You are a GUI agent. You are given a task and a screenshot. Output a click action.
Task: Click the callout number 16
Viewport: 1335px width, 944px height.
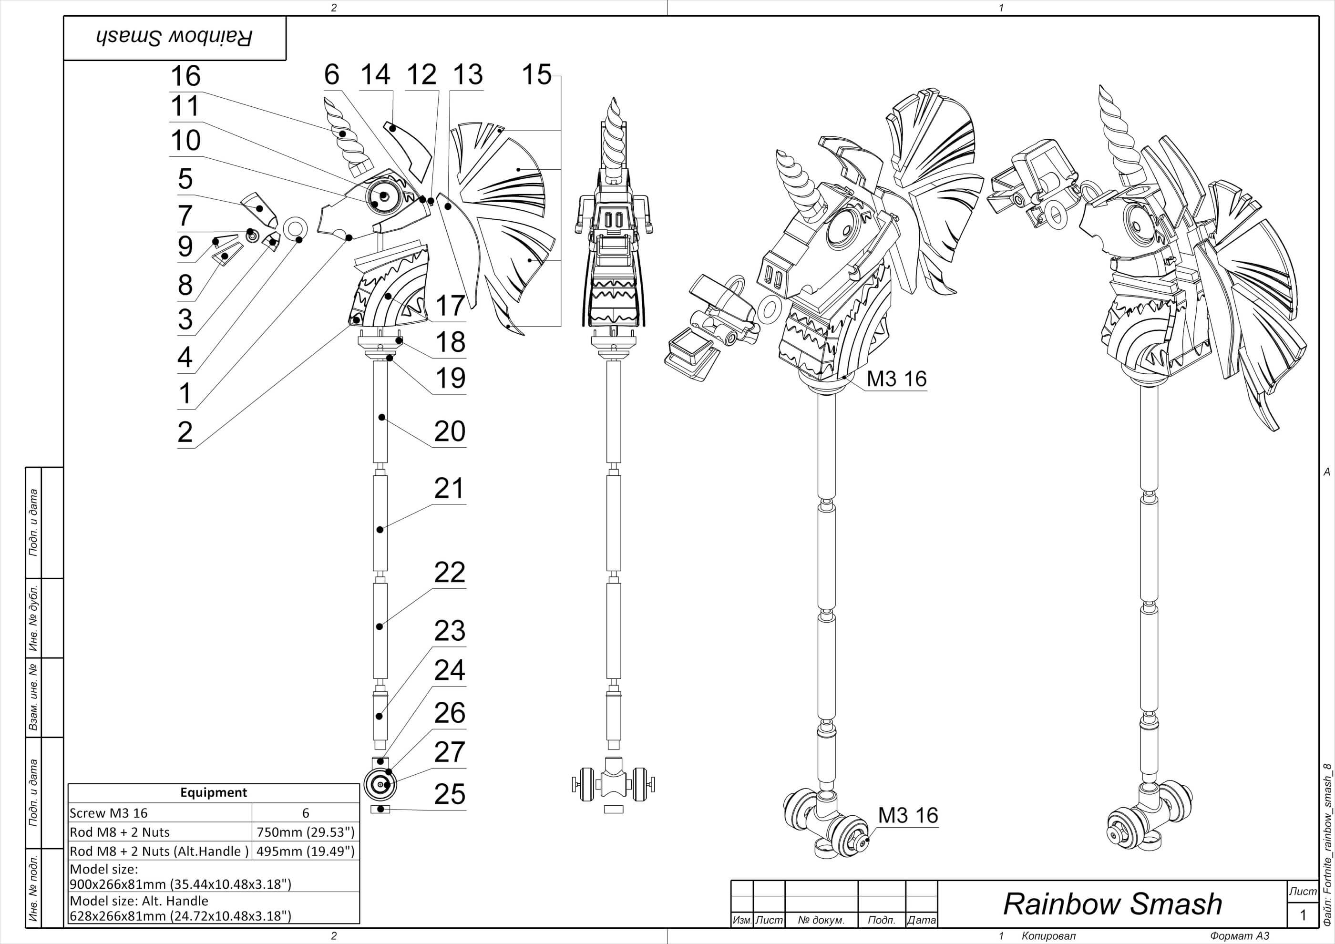185,76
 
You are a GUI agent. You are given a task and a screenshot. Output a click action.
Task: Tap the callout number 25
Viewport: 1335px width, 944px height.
450,794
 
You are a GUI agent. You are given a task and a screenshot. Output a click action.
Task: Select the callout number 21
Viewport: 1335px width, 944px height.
450,488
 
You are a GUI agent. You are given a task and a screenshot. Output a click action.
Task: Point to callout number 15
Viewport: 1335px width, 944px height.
536,75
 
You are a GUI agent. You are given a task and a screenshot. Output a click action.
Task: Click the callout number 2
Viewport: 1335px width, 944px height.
185,432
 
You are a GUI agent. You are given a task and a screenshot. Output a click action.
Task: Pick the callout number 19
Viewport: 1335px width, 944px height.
450,378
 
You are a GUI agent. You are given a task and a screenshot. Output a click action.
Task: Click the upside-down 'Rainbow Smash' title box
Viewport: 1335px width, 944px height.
175,38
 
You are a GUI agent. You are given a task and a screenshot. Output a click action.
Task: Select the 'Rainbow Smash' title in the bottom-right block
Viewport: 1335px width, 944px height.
1112,903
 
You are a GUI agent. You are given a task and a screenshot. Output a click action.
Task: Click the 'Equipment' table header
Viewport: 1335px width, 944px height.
214,792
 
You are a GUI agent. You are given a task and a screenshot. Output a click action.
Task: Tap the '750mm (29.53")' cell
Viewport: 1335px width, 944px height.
305,832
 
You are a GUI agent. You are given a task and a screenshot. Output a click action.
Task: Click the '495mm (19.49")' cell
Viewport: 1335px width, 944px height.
305,851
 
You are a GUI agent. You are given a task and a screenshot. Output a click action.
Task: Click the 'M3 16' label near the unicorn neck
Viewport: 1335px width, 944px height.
896,379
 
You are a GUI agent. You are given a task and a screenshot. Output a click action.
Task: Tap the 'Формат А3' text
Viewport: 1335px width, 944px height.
1239,936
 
